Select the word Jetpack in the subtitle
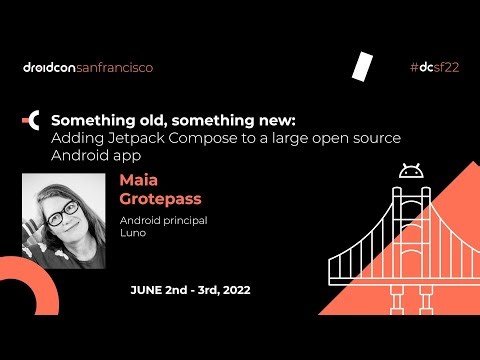coord(128,138)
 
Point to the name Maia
coord(139,181)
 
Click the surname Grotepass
coord(160,198)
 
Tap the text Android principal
coord(163,219)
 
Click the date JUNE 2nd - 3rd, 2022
coord(190,290)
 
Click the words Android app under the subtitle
coord(95,156)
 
